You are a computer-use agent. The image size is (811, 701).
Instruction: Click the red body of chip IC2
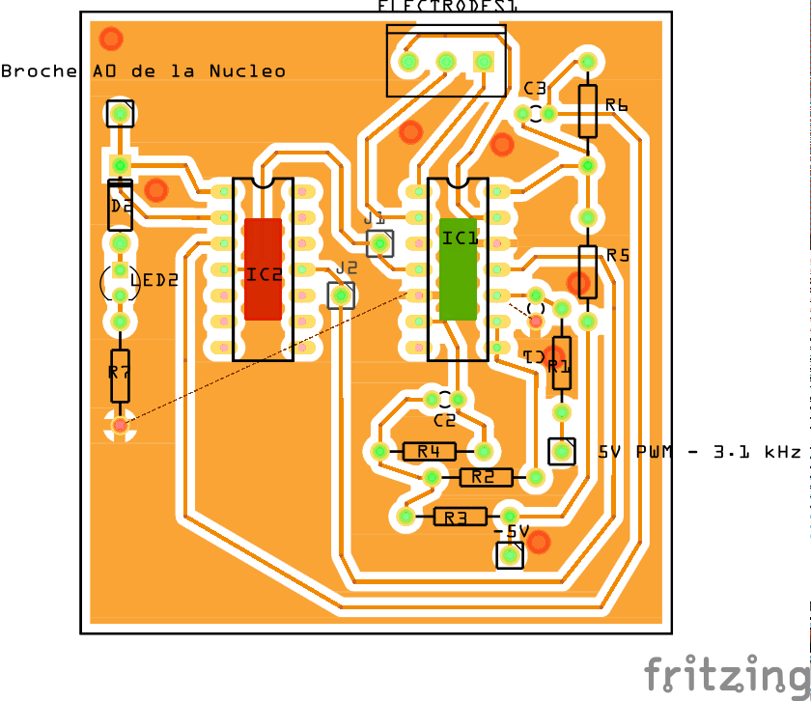(x=263, y=268)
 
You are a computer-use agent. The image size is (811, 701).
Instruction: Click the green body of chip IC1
(x=459, y=268)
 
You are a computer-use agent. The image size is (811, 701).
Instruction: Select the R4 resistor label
(x=430, y=451)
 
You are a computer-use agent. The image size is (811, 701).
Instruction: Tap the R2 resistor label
(x=486, y=477)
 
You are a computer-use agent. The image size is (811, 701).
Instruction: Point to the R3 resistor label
(x=461, y=518)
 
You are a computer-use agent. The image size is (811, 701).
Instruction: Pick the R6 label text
(x=617, y=105)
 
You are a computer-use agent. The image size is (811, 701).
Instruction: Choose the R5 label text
(x=618, y=256)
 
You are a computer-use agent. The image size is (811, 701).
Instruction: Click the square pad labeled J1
(x=380, y=243)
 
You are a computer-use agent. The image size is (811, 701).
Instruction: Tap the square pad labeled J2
(x=341, y=294)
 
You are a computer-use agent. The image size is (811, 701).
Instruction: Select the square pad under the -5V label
(x=509, y=555)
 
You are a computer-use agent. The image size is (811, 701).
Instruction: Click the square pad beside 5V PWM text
(x=561, y=451)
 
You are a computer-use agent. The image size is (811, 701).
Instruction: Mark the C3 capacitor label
(x=535, y=89)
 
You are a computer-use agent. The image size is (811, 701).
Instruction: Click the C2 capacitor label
(x=444, y=421)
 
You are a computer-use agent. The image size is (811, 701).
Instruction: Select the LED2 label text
(x=154, y=281)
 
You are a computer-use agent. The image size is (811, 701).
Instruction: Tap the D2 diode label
(x=121, y=206)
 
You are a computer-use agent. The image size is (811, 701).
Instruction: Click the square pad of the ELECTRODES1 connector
(x=483, y=63)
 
